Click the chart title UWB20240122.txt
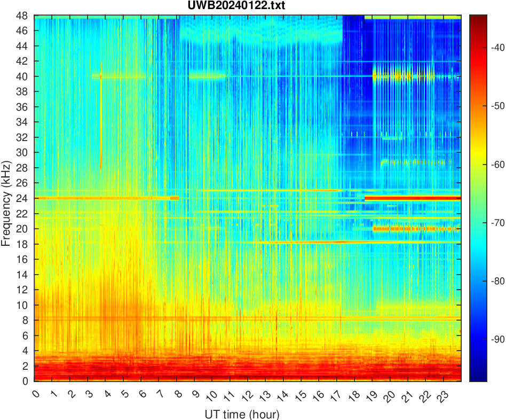coord(248,6)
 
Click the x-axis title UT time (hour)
coord(242,414)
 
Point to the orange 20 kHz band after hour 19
coord(416,229)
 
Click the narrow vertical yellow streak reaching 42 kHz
coord(101,118)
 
